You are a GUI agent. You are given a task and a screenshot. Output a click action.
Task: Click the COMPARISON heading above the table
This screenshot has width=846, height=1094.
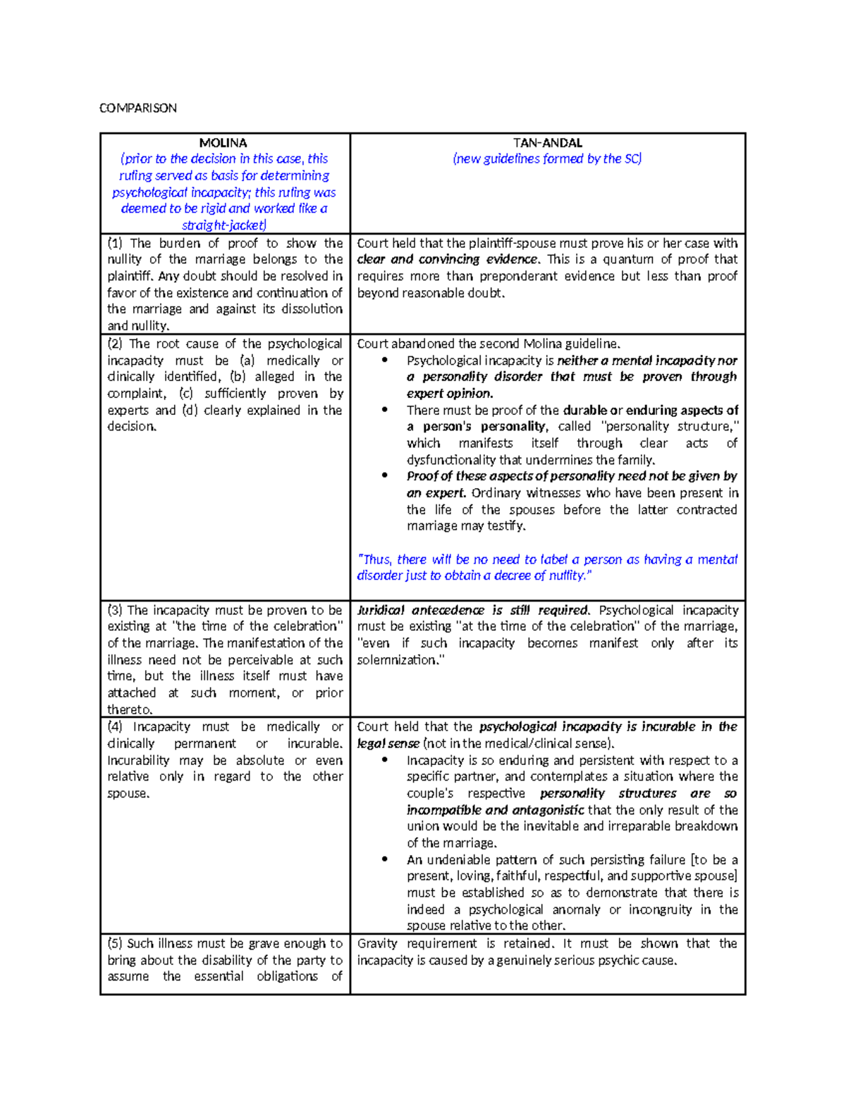137,108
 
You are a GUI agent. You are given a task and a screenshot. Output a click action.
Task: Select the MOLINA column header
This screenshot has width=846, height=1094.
223,142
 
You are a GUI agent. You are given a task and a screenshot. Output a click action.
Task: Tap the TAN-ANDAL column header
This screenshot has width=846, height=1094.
547,142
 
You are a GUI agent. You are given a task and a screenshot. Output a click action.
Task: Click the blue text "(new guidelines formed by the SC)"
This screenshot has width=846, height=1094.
547,159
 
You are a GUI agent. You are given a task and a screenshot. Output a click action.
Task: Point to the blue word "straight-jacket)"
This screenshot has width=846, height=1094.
224,225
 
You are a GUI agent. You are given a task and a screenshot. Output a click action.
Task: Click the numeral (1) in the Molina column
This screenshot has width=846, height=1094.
116,243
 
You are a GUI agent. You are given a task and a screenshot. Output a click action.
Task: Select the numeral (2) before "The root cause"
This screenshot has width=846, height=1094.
116,344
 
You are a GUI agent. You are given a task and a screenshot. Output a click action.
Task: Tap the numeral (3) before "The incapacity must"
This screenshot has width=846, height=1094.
116,610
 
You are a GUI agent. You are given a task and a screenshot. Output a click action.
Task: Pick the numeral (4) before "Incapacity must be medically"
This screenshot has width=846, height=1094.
116,727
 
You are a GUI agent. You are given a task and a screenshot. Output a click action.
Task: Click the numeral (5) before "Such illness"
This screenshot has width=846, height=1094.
116,943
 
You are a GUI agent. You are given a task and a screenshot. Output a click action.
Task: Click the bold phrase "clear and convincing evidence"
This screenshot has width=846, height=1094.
447,260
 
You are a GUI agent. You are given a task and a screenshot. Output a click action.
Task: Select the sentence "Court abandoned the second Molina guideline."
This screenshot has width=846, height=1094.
489,344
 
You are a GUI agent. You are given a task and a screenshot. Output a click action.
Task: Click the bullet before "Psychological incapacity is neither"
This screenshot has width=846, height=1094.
384,361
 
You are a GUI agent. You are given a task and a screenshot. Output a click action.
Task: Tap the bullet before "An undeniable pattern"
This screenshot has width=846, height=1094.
384,859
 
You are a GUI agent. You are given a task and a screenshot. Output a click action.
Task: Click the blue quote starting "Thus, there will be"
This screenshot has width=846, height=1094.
547,567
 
